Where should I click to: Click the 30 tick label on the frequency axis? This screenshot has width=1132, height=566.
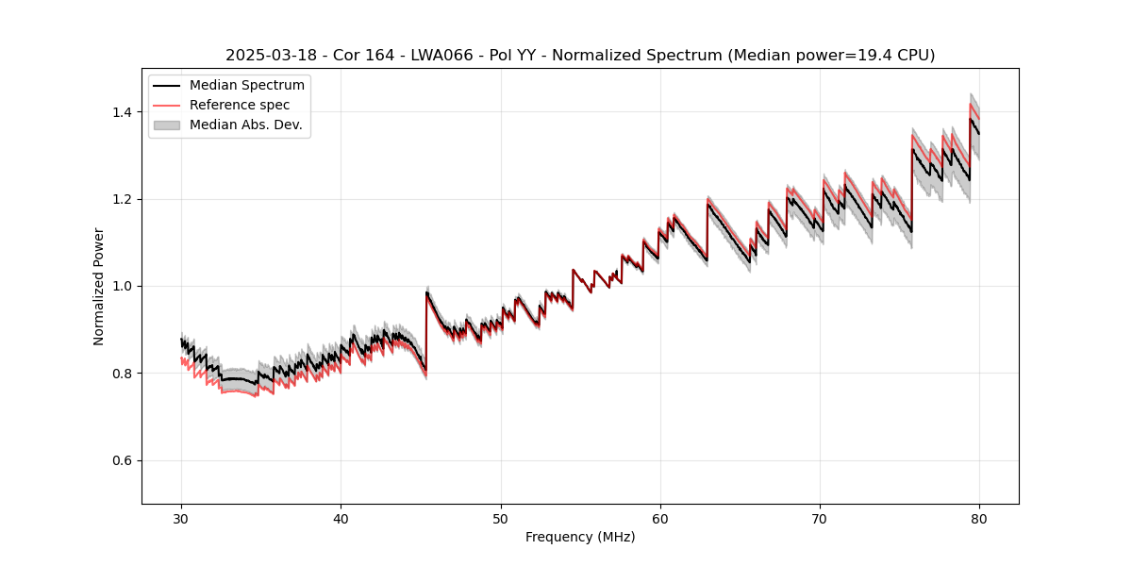182,518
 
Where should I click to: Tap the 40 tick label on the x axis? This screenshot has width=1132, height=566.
341,518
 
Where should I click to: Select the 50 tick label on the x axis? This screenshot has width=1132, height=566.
501,518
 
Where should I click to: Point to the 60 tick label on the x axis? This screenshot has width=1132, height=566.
660,518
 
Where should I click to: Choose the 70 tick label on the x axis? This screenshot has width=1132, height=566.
820,518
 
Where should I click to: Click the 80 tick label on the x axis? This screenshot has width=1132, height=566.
979,518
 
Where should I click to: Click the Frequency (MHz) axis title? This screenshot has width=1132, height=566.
580,537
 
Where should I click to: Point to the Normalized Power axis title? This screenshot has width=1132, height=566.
99,286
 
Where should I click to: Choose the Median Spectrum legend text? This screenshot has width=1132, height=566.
247,86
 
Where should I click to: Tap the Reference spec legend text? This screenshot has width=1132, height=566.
240,105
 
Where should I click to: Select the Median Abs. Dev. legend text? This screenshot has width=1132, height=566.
246,125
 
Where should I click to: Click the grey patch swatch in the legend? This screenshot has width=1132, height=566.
167,125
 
